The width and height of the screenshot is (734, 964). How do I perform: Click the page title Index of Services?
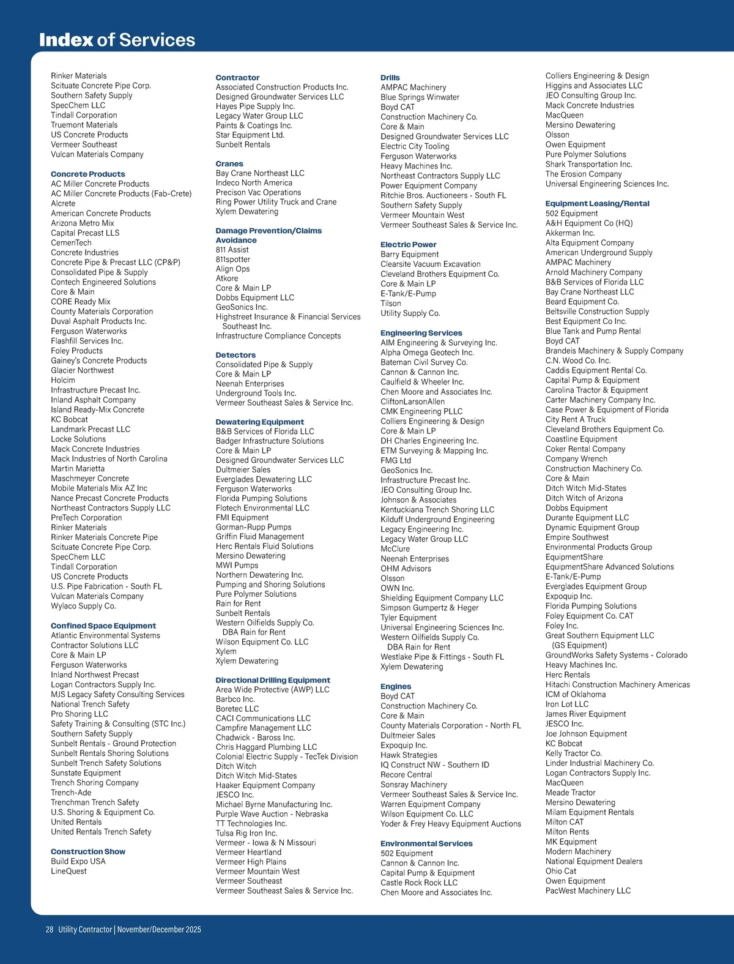117,40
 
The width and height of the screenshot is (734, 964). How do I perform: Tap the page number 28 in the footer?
50,929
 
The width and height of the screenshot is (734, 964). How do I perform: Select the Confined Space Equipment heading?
103,626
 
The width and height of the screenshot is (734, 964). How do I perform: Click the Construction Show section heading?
88,851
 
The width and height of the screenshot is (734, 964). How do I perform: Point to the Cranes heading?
229,164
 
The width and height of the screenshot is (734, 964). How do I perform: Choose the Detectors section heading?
235,355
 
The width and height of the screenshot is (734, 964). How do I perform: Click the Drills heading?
390,78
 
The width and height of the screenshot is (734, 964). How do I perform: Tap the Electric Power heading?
409,244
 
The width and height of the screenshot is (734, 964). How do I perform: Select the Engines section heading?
396,687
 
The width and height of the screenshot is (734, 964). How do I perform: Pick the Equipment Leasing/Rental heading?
598,204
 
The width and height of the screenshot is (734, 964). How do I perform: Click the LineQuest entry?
69,871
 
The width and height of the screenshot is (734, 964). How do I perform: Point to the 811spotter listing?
233,260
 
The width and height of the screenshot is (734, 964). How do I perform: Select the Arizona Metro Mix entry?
83,223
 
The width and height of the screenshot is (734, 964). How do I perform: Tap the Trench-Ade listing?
71,793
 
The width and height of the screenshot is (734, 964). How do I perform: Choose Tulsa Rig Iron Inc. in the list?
247,833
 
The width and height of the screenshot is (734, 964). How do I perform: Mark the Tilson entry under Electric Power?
391,304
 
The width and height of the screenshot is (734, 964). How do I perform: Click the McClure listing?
395,549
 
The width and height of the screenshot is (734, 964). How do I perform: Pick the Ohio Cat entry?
561,871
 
